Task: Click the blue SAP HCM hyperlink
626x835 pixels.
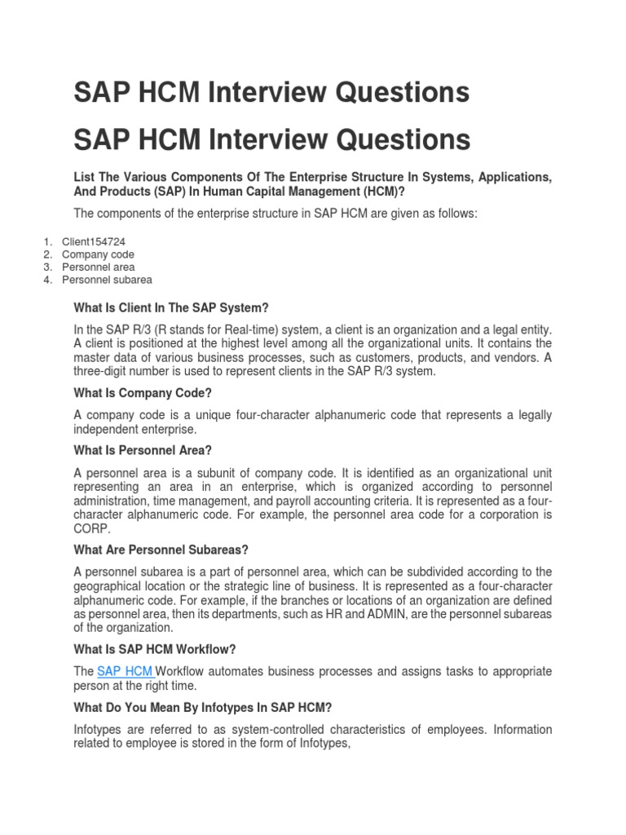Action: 126,671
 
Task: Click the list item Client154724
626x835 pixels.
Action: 94,242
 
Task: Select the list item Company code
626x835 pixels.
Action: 98,254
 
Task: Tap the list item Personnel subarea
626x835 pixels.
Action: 107,280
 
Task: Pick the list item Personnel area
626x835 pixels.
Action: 99,267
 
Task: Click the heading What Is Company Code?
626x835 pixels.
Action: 142,393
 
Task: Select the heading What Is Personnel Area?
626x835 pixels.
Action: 143,450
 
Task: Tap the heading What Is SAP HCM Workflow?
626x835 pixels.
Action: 154,649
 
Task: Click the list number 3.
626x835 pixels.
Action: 47,267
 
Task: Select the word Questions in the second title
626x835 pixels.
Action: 405,139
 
